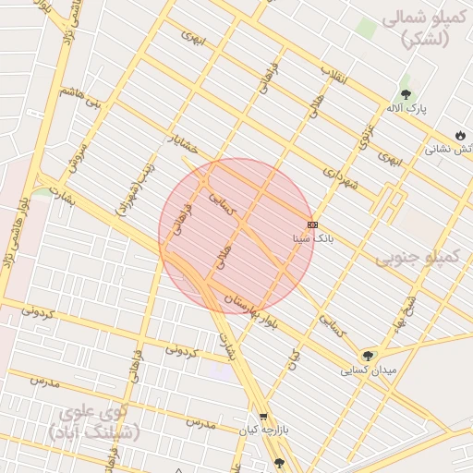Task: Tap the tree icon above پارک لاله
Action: click(406, 94)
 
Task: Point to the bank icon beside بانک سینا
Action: click(312, 224)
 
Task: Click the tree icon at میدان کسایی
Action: click(369, 355)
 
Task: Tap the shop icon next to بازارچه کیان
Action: click(264, 417)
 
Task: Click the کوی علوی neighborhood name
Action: click(93, 421)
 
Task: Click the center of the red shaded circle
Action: click(236, 236)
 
